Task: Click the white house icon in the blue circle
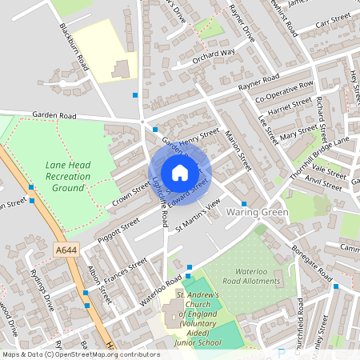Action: point(180,173)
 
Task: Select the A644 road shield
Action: point(66,250)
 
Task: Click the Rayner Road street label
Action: point(258,80)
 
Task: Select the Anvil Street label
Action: point(327,181)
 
